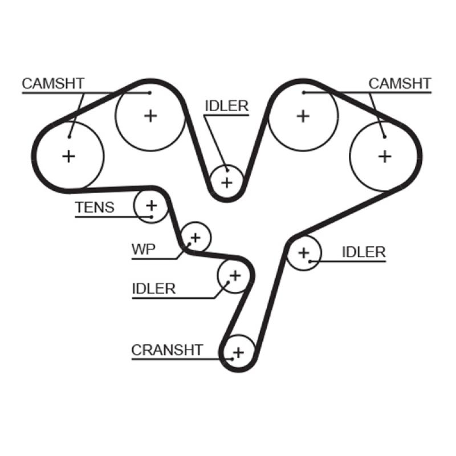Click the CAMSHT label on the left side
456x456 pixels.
coord(53,84)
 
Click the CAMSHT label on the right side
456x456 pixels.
coord(400,84)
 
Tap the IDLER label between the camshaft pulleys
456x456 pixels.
coord(226,106)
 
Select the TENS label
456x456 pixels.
coord(95,208)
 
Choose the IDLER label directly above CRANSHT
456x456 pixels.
coord(153,288)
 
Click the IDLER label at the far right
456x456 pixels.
coord(364,252)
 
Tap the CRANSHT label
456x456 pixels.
coord(167,349)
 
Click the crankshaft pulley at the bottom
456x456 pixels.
coord(238,352)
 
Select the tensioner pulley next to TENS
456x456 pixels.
coord(151,205)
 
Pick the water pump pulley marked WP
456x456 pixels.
coord(196,237)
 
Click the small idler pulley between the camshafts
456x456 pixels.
coord(227,182)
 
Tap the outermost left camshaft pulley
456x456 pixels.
coord(69,156)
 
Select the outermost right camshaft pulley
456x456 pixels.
coord(385,155)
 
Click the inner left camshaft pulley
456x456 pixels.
coord(150,116)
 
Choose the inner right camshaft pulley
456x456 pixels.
coord(303,116)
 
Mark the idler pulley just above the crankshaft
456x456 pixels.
coord(234,276)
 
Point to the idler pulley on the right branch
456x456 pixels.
coord(303,253)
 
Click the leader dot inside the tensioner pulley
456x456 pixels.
coord(151,217)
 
